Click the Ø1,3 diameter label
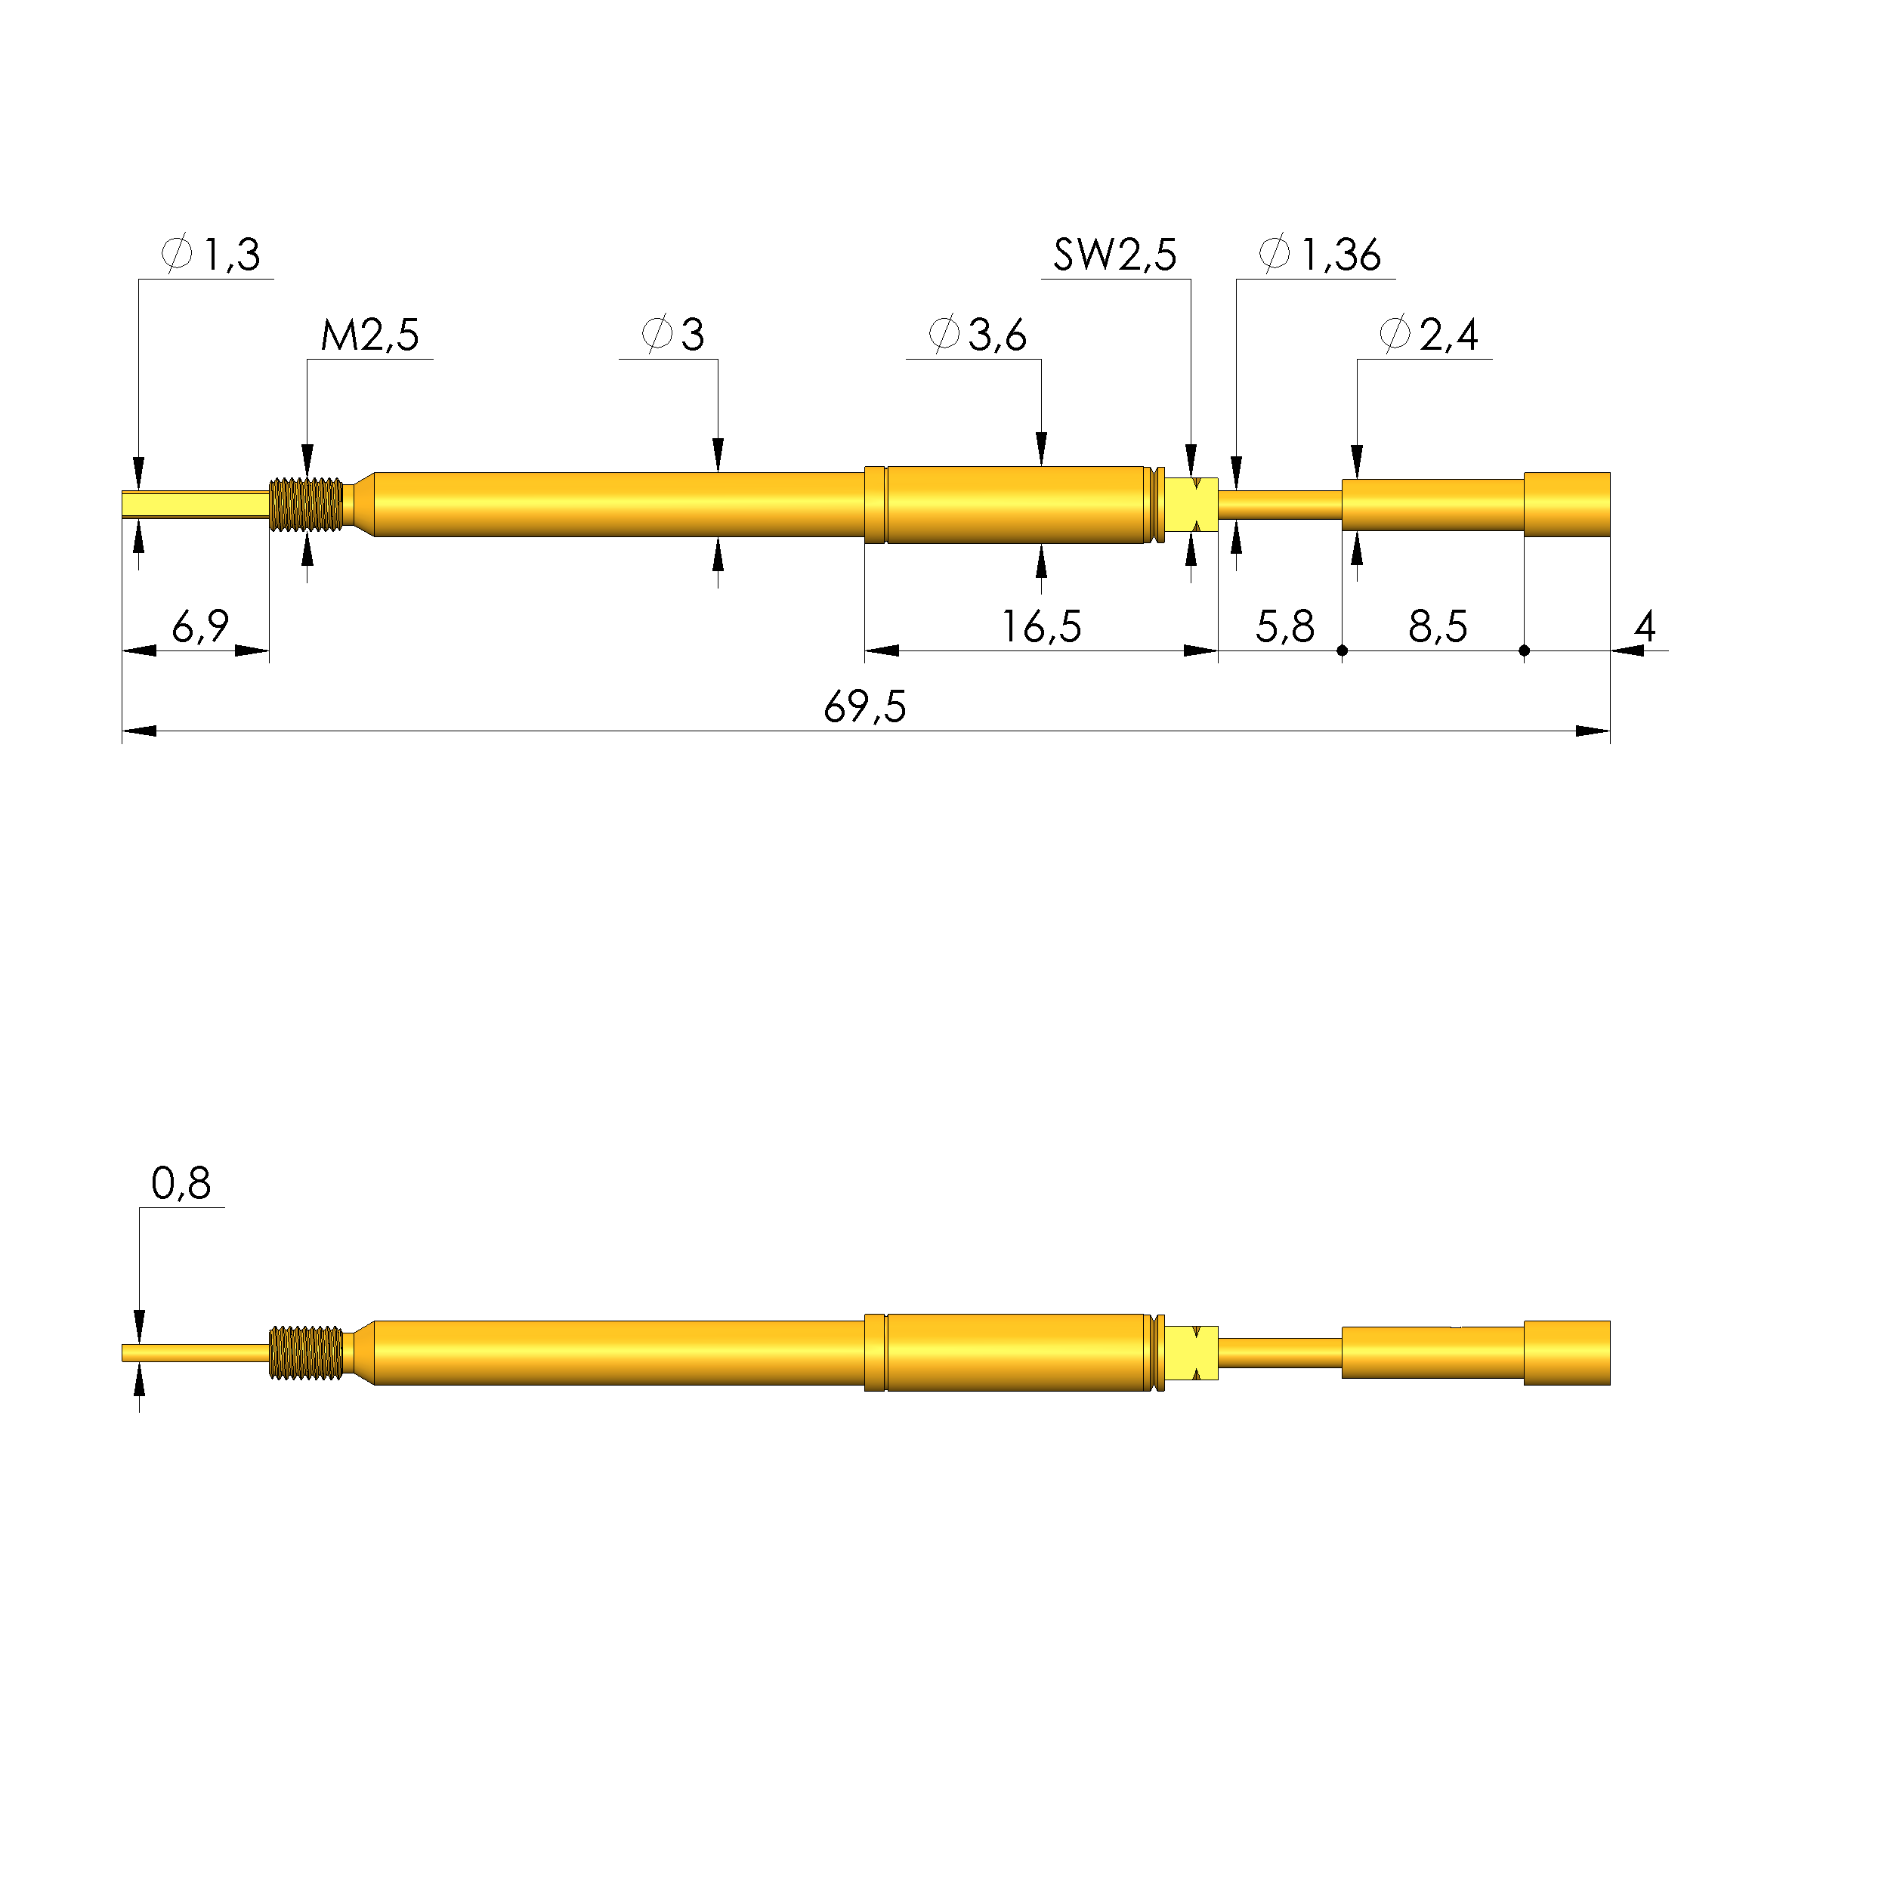coord(211,255)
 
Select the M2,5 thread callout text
coord(370,335)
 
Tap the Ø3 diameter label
coord(672,335)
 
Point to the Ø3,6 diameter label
coord(977,335)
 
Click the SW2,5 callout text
coord(1115,255)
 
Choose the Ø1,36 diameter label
coord(1319,255)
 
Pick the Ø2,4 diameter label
coord(1428,335)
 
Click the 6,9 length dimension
coord(201,626)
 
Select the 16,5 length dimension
coord(1041,626)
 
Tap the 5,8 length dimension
coord(1285,626)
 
